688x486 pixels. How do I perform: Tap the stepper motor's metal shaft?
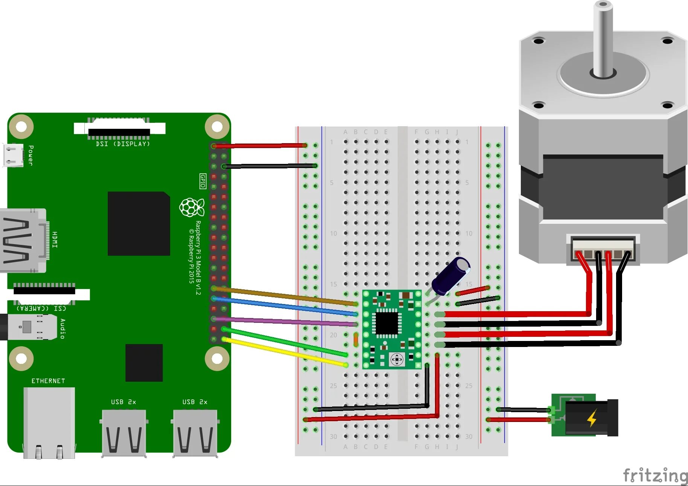603,38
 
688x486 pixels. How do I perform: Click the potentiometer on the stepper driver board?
397,359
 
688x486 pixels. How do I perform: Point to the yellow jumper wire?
286,353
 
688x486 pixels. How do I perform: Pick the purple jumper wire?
286,321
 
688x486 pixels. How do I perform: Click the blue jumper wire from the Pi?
286,306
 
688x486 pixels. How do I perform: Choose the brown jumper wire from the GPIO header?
286,296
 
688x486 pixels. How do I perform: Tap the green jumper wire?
286,342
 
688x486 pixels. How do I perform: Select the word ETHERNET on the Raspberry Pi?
48,381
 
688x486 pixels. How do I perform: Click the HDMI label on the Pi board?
55,240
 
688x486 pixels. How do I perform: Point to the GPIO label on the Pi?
203,181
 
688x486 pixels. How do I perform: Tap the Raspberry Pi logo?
192,207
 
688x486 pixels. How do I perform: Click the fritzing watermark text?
655,475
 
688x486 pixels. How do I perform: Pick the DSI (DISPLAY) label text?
123,144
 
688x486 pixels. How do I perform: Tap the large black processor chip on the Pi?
139,223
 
